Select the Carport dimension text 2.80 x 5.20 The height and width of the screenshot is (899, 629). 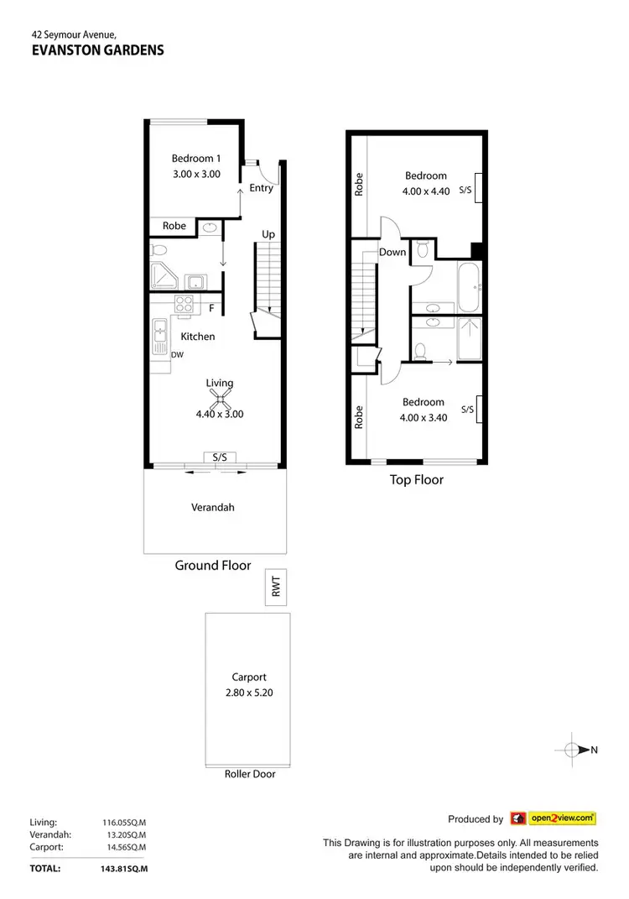248,693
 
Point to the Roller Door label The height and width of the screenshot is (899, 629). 249,774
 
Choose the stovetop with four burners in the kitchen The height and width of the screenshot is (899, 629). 185,304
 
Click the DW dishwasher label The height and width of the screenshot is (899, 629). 177,355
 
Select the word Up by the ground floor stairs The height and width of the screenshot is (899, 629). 268,234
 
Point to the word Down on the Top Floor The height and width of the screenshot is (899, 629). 392,252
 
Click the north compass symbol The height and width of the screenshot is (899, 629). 572,750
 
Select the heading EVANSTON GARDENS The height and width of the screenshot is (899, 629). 96,50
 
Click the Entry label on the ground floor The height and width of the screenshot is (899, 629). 261,188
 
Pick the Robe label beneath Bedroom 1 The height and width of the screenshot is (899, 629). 174,226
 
